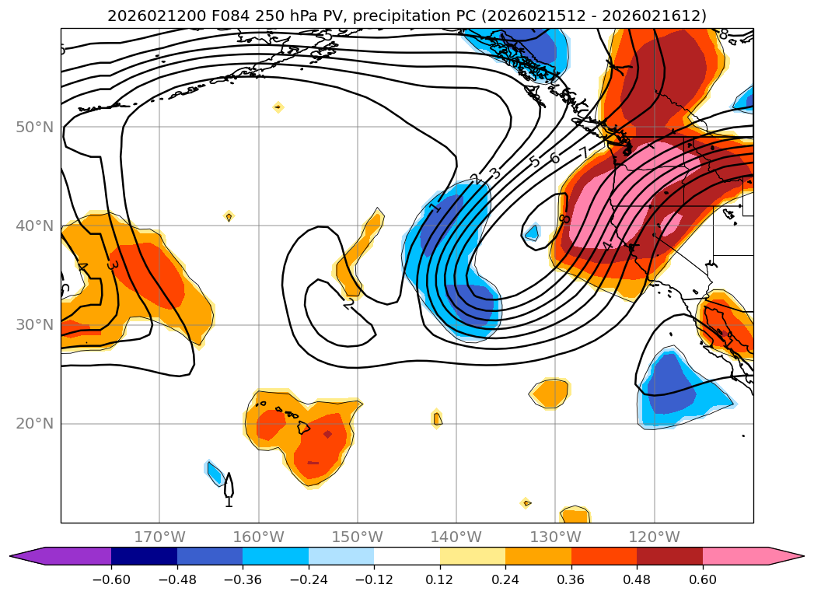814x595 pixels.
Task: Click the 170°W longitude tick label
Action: pyautogui.click(x=159, y=537)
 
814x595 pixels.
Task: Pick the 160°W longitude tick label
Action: pyautogui.click(x=258, y=537)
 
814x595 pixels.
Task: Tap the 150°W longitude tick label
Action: pyautogui.click(x=357, y=537)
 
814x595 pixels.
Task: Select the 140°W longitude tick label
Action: pyautogui.click(x=456, y=537)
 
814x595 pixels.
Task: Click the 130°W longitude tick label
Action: pyautogui.click(x=555, y=537)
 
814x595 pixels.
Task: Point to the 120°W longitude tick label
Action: pyautogui.click(x=654, y=537)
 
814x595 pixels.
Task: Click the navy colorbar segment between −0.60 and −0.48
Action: pyautogui.click(x=144, y=556)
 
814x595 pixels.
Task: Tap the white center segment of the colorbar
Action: pyautogui.click(x=407, y=556)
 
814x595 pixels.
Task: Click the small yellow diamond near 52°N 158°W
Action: pyautogui.click(x=278, y=107)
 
